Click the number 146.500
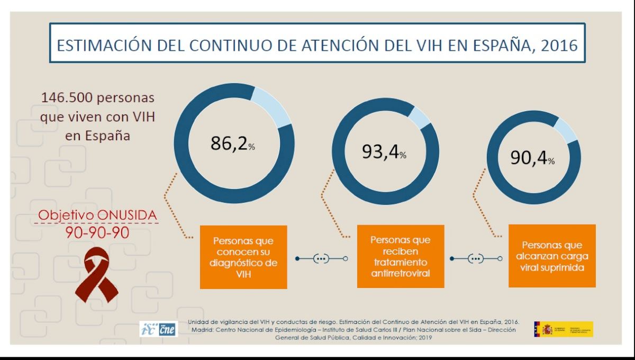67,99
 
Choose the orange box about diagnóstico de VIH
243,257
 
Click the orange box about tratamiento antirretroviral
400,257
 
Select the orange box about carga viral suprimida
552,256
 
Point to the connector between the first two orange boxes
321,259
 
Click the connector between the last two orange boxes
476,259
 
